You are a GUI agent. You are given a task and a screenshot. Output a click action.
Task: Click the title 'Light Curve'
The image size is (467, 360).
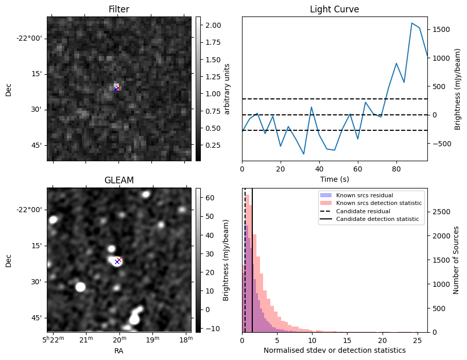334,9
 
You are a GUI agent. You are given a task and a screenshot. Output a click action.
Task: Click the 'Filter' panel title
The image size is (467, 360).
118,9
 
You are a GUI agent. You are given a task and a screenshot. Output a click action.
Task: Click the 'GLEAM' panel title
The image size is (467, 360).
118,180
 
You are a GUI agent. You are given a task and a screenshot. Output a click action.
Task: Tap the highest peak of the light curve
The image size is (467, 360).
412,23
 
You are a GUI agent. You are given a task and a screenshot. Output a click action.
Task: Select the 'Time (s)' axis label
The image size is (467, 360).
334,178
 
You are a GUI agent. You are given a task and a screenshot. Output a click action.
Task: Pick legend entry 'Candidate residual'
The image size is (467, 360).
363,212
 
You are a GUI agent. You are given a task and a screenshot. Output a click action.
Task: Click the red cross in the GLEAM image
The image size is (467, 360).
119,260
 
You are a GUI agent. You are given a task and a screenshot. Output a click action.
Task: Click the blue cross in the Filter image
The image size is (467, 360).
116,89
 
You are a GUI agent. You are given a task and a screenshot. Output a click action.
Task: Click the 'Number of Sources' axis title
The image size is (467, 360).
456,260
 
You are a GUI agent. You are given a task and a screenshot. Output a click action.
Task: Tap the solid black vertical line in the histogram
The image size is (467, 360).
252,268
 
